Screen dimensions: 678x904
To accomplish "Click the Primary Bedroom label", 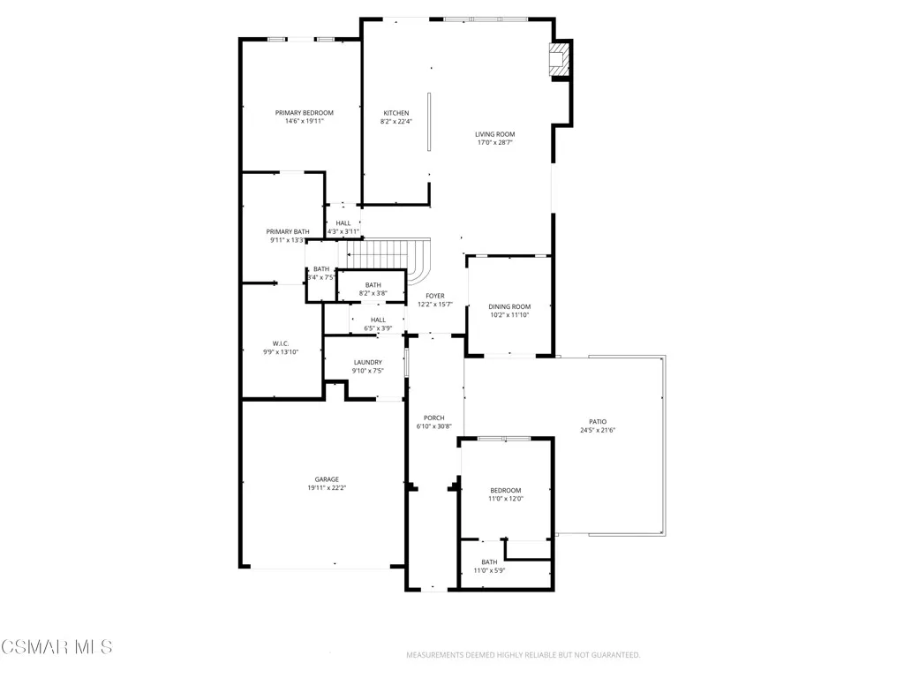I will [304, 113].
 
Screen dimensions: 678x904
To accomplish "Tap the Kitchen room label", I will [395, 113].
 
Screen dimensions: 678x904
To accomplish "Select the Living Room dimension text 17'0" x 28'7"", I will [494, 142].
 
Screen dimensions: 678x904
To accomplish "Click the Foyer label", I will [434, 296].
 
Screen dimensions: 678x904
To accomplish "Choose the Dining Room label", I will [508, 306].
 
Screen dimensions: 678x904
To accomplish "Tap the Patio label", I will [598, 422].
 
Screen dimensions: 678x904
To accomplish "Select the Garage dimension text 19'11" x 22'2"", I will [327, 487].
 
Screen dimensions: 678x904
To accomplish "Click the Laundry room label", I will [367, 362].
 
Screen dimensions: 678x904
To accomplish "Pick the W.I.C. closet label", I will [281, 343].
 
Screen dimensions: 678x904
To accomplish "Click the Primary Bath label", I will [288, 231].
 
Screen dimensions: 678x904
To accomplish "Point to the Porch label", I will [433, 418].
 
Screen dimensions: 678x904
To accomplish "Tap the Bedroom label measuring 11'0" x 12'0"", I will [506, 490].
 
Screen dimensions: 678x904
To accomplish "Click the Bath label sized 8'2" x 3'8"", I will [373, 284].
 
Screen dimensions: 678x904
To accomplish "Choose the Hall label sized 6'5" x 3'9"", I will [378, 320].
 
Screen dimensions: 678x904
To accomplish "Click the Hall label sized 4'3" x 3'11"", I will [343, 223].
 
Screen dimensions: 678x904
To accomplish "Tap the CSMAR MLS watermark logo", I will [56, 647].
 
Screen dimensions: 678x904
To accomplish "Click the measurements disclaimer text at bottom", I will [523, 655].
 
